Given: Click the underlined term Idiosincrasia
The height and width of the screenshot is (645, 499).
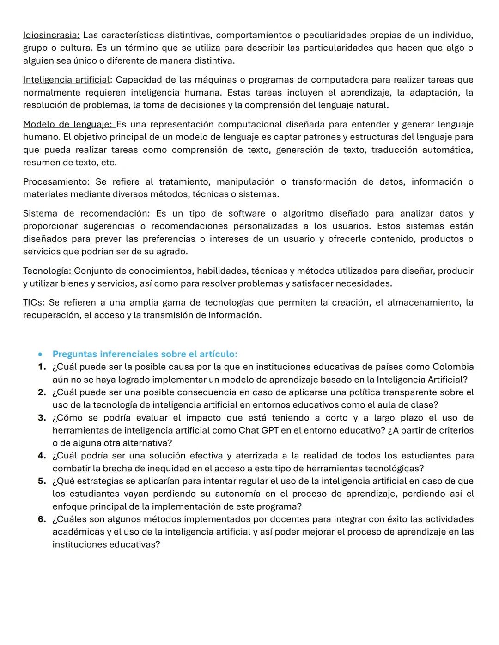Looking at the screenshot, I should tap(51, 35).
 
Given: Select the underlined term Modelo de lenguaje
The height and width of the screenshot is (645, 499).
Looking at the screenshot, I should tap(67, 124).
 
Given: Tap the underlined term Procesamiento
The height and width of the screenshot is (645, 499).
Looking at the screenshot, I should tap(56, 181).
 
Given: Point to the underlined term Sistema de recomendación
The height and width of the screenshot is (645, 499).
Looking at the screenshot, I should tap(86, 213).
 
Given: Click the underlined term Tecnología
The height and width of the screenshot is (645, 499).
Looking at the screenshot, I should tap(47, 271).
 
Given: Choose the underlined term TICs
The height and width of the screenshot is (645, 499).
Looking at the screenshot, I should tap(34, 302).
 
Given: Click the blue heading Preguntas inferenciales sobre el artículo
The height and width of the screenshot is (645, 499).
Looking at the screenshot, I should tap(145, 354).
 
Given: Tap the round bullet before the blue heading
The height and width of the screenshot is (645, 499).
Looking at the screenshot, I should tap(41, 355).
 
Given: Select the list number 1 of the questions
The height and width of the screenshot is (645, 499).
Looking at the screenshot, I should tap(42, 367).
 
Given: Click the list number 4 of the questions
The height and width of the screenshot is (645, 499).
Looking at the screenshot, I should tap(42, 456).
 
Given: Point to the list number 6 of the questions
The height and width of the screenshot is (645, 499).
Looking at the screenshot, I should tap(42, 519).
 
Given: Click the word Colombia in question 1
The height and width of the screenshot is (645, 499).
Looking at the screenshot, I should tap(453, 367).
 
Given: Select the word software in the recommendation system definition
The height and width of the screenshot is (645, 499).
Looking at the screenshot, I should tap(247, 213).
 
